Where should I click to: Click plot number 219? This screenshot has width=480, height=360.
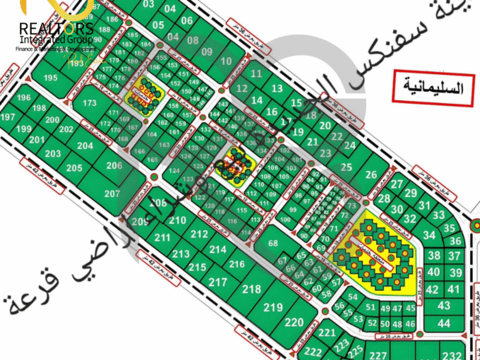point(273,307)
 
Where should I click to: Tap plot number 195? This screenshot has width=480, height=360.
point(49,77)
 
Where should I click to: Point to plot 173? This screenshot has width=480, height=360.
point(89,103)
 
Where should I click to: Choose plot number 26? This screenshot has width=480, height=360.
point(372,175)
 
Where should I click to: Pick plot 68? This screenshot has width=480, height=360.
point(273,244)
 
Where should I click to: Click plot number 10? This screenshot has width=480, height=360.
point(226,61)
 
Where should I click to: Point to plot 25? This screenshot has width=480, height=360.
point(345,167)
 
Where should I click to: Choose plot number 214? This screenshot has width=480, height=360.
point(217,249)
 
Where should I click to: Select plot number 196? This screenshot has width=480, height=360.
point(24,97)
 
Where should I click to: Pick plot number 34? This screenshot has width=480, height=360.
point(428,234)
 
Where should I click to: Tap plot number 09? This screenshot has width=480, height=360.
point(206,52)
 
